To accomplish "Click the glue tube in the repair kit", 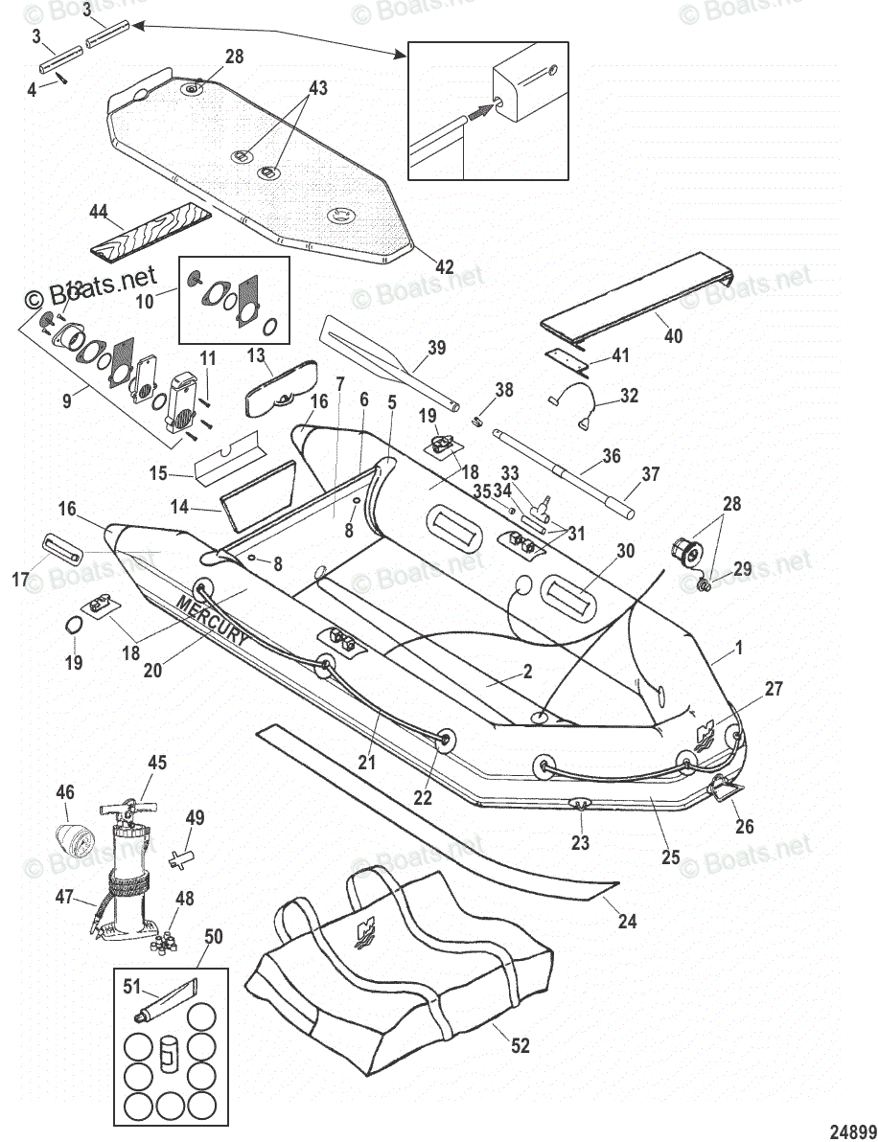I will [167, 997].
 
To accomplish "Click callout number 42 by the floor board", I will [444, 267].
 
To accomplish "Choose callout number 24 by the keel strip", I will [627, 922].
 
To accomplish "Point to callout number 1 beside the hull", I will [738, 649].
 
